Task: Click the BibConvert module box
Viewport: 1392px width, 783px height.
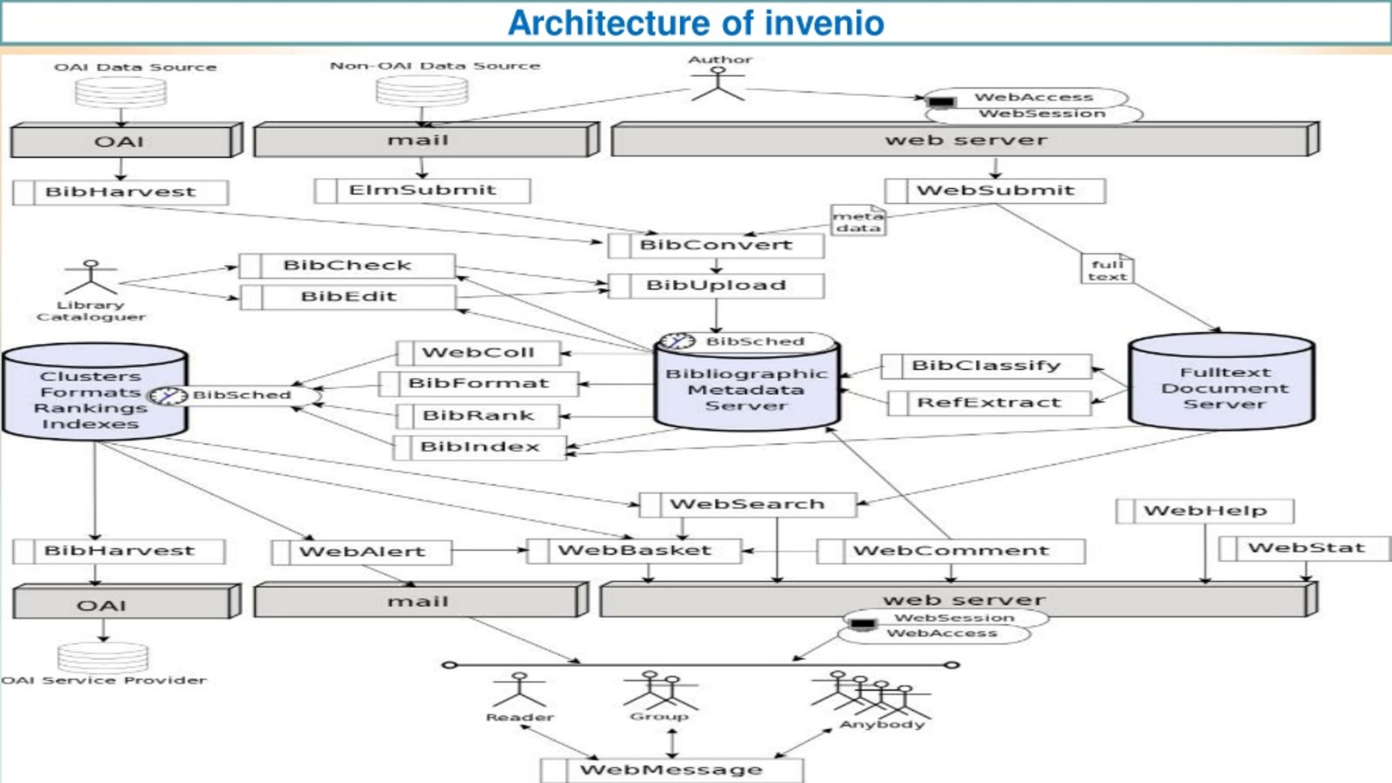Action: [716, 245]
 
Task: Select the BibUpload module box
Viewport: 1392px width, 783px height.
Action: [716, 286]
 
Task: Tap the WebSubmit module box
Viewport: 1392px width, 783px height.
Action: [995, 191]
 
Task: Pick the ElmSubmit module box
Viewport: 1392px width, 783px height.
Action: [422, 191]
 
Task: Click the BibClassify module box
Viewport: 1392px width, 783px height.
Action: [986, 366]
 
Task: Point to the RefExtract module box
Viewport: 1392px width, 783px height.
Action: [990, 403]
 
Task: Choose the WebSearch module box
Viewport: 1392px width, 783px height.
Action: [748, 505]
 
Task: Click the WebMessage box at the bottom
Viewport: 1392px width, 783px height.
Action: [672, 770]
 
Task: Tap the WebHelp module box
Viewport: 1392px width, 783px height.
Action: [1205, 511]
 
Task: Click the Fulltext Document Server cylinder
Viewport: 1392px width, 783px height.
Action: [1221, 381]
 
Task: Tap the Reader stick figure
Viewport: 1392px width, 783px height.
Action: [519, 689]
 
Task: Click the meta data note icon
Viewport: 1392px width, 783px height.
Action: [859, 220]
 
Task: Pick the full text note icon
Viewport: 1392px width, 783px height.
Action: [1108, 269]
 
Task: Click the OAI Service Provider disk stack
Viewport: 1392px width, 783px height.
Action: [103, 658]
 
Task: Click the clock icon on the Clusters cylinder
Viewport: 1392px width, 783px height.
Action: [167, 395]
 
